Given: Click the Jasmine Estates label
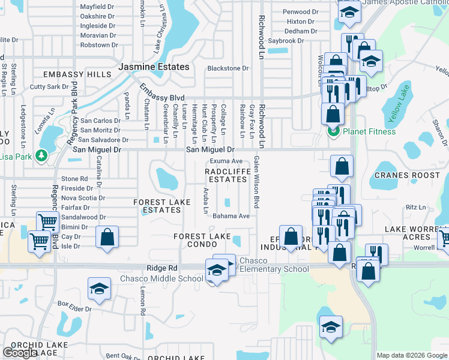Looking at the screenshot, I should pos(154,67).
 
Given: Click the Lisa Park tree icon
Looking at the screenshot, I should pos(41,155).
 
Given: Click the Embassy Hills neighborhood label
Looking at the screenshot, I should pos(77,74).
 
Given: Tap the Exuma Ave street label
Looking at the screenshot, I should pos(226,161).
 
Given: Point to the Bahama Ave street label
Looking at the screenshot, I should pos(231,216).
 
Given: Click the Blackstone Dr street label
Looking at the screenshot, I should pos(228,68).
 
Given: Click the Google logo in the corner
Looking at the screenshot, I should pos(20,353).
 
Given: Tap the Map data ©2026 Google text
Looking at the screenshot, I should pos(412,355).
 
